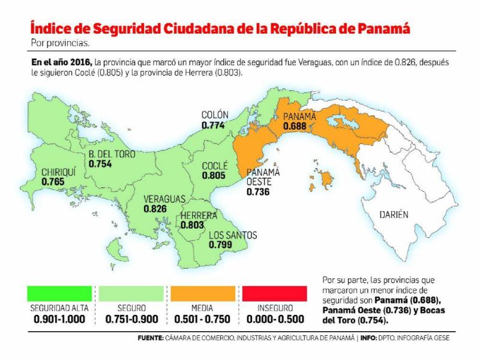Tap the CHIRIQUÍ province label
pos(59,172)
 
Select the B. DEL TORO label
pos(112,154)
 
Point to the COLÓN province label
pos(215,115)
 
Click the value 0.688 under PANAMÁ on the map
pos(295,127)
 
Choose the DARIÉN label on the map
pos(394,214)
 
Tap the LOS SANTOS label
pos(233,235)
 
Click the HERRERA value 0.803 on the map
pos(192,225)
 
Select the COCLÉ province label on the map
pos(214,166)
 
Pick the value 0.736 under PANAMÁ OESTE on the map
pos(258,193)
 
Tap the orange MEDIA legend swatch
pos(204,293)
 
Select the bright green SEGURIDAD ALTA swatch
pos(60,293)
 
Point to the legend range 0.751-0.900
pos(131,319)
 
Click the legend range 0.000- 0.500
pos(276,319)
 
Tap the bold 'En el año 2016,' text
pos(62,62)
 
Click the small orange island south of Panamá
pos(326,179)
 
